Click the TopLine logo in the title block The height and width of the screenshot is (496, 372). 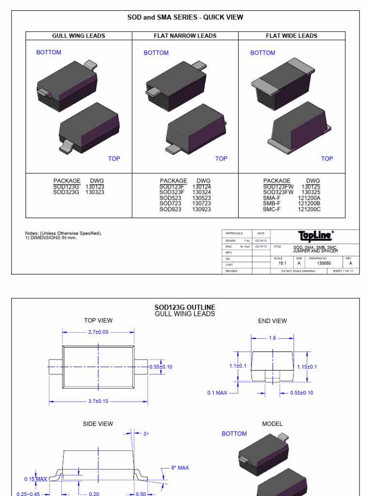(315, 236)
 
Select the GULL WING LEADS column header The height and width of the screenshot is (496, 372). (78, 36)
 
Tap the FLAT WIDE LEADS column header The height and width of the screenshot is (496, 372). (292, 36)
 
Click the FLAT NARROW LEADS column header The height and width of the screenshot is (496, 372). (185, 36)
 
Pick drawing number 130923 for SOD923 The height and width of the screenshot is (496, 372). (201, 209)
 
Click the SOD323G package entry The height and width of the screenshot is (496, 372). (66, 192)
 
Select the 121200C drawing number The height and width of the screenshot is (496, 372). (309, 209)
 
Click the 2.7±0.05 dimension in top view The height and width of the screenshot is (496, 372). (98, 332)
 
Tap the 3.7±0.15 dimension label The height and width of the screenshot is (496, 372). (98, 402)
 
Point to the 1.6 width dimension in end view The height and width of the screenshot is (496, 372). (272, 338)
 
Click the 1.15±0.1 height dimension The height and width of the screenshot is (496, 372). (307, 367)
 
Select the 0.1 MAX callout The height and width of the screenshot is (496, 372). (217, 393)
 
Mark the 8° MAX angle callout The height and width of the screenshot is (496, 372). (180, 468)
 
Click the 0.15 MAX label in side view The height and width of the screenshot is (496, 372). (36, 479)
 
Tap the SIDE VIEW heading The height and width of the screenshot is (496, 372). (98, 424)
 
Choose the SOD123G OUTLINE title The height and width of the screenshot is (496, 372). (185, 308)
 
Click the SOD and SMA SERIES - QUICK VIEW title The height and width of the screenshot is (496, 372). (185, 17)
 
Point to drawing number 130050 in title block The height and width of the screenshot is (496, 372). (324, 263)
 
